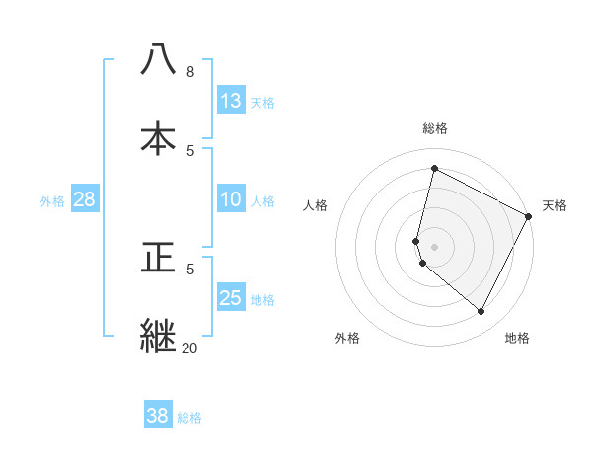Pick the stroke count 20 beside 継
[189, 348]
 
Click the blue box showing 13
[231, 101]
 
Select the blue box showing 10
[231, 199]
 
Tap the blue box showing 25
[231, 298]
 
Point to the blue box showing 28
[84, 199]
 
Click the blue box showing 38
[158, 416]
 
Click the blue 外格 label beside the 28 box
[52, 201]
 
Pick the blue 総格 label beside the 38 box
[189, 418]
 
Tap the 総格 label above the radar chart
[435, 128]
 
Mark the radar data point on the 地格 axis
[481, 312]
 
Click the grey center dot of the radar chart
[435, 246]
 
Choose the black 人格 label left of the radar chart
[316, 205]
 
